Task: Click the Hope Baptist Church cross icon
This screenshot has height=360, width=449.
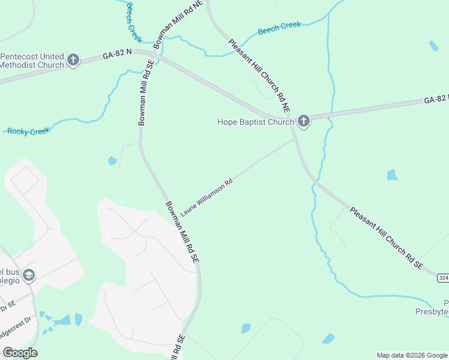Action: pos(303,122)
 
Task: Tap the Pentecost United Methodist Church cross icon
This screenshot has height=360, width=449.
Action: pos(73,60)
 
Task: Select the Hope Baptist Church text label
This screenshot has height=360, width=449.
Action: pos(255,122)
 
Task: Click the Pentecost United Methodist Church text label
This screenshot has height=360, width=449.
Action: pos(32,61)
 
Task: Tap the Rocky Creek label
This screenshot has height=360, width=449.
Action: pos(28,131)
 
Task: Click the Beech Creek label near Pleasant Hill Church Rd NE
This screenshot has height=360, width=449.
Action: pos(279,28)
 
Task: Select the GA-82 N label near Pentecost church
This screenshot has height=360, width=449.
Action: pos(116,54)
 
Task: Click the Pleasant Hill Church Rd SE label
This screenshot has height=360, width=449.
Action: pos(387,238)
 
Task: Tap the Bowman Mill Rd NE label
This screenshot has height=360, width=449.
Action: pos(178,25)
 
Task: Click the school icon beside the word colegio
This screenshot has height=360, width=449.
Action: pos(29,275)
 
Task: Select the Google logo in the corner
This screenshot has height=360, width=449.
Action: pos(20,353)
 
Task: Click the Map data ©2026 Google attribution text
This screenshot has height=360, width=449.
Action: pos(412,355)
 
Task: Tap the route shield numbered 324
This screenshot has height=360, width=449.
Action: pos(443,278)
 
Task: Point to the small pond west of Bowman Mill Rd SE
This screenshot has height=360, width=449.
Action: pos(112,161)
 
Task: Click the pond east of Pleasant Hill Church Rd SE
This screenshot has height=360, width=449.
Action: pos(392,175)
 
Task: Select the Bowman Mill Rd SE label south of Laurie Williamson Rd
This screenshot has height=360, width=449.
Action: pos(182,230)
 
